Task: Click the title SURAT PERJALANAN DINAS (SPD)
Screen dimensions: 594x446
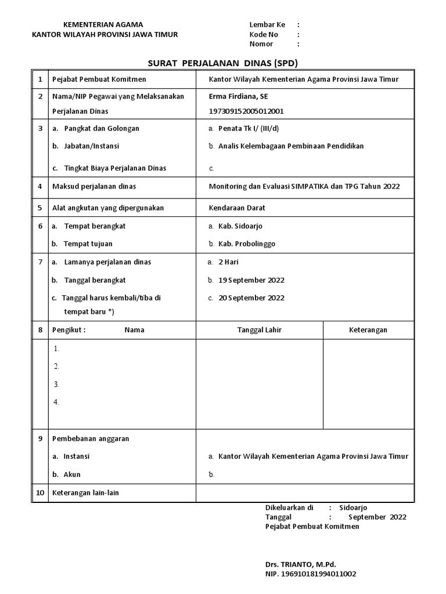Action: coord(224,63)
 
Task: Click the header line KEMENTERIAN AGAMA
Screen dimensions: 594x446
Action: coord(103,24)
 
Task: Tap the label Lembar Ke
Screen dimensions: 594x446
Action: coord(268,24)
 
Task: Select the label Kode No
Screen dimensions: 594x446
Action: coord(264,34)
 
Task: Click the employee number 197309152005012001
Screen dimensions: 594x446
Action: coord(246,111)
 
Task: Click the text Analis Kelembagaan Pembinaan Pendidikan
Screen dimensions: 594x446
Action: coord(290,146)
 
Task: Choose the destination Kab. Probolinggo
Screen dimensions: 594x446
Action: coord(247,244)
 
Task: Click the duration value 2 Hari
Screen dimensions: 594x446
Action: coord(228,262)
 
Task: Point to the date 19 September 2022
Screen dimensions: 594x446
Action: coord(251,280)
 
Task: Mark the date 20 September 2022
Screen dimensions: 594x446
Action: coord(251,298)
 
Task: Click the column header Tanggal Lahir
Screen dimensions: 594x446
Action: coord(260,330)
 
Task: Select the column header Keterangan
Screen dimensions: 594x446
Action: coord(368,330)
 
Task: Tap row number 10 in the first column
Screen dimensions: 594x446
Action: coord(40,493)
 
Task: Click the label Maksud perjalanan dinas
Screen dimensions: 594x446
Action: coord(95,187)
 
